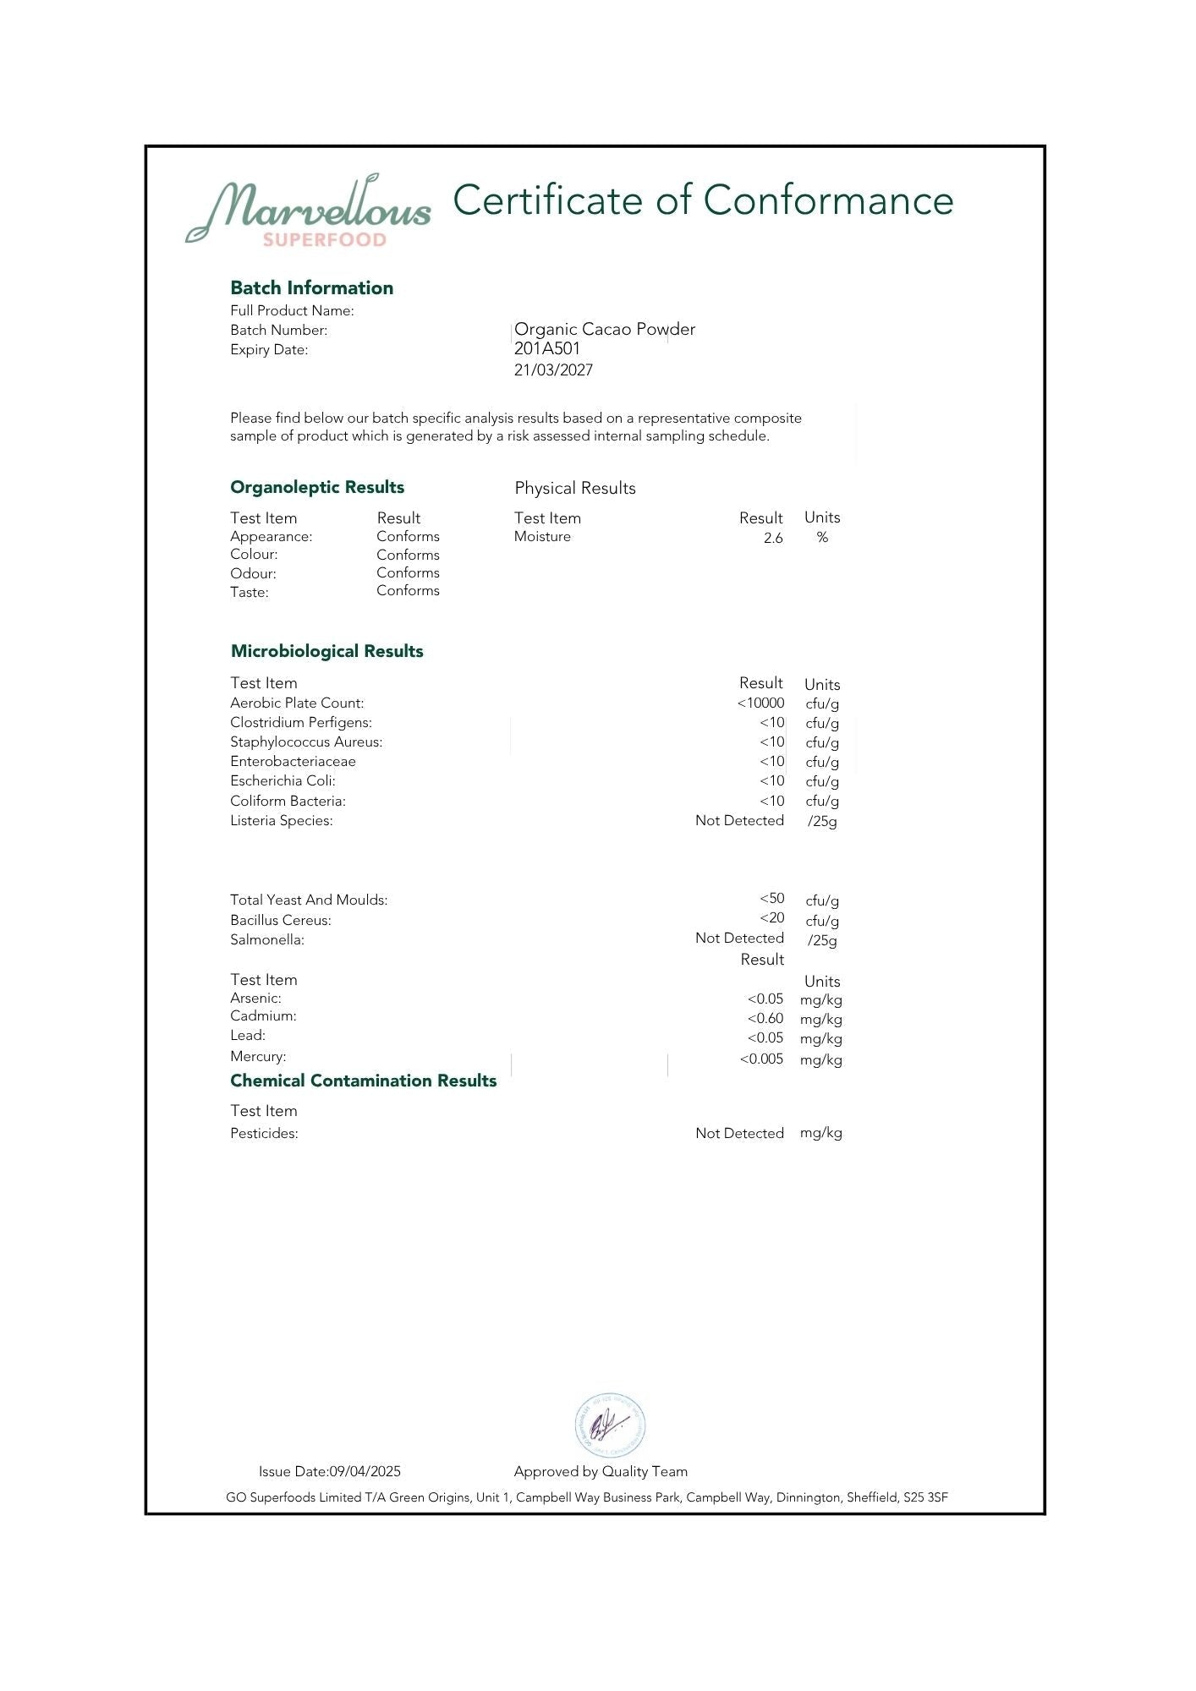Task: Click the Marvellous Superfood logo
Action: pos(308,212)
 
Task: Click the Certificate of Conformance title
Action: pos(703,200)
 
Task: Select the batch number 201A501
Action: pos(547,348)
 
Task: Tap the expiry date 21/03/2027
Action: pos(553,370)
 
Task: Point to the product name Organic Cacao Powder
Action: pos(604,329)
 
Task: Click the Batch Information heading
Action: pos(311,287)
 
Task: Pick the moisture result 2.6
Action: pos(773,538)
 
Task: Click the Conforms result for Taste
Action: pos(408,590)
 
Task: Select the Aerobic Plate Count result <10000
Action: pos(760,703)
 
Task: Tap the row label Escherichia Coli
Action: pos(283,780)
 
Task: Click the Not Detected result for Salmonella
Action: pos(739,938)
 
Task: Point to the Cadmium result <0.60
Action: pos(765,1018)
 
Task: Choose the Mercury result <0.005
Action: pos(761,1059)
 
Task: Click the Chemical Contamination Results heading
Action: pos(363,1081)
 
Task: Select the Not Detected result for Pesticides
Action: pos(739,1133)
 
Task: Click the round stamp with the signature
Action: pos(610,1426)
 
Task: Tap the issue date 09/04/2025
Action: pos(365,1471)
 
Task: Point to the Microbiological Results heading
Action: pos(326,651)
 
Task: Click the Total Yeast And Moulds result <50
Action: pos(771,898)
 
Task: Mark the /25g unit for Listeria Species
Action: pos(822,821)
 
